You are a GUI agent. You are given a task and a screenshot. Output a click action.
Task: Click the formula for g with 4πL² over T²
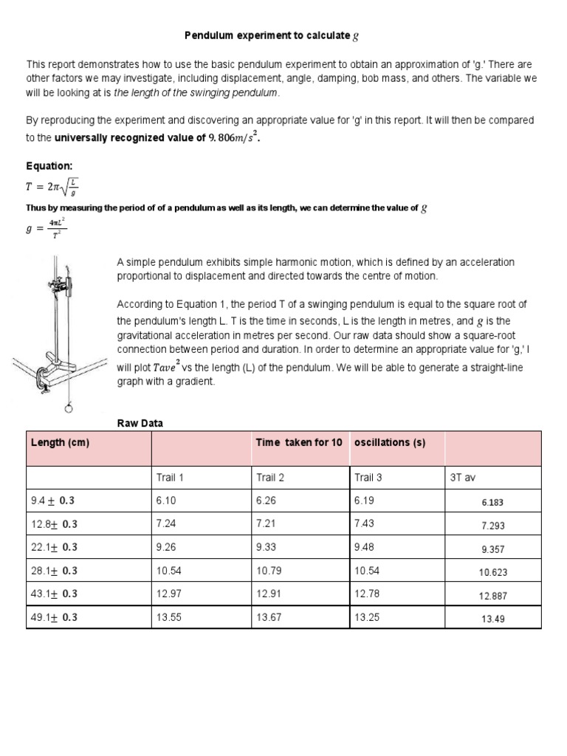click(47, 230)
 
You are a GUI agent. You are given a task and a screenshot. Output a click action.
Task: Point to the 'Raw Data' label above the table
click(140, 423)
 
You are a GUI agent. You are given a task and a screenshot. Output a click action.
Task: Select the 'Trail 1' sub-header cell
click(170, 478)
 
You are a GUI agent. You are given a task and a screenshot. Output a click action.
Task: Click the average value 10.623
click(493, 572)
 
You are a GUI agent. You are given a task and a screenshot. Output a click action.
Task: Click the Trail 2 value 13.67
click(269, 618)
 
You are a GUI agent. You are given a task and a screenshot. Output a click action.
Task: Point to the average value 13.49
click(493, 619)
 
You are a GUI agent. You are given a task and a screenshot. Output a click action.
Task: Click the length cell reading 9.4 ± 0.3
click(53, 501)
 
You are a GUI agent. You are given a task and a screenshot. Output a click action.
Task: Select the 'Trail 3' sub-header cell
click(368, 478)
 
